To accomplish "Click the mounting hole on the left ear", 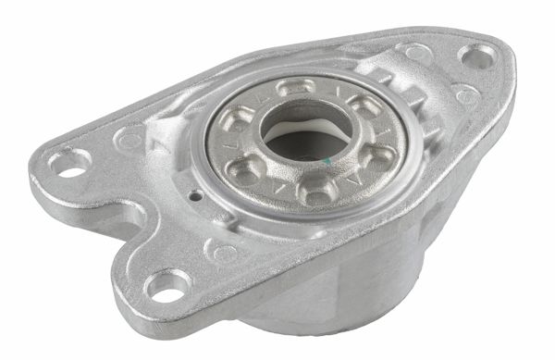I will click(x=68, y=164).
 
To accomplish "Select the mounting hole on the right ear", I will click(x=477, y=57).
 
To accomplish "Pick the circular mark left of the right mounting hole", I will click(x=413, y=53).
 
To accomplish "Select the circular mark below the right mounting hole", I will click(x=467, y=94).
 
